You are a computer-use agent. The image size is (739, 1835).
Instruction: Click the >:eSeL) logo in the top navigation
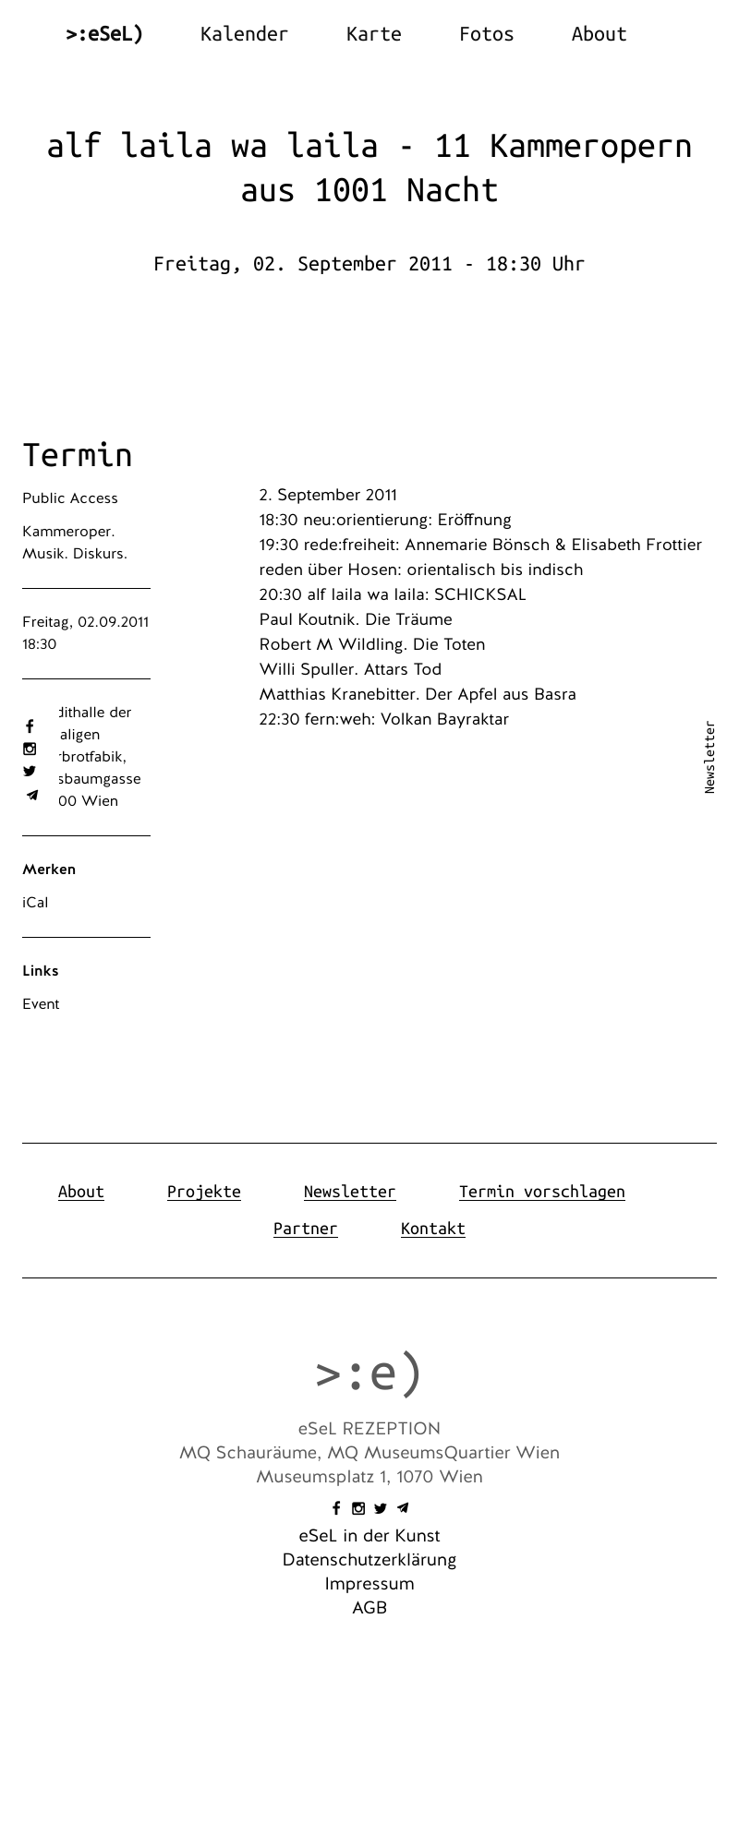(x=104, y=34)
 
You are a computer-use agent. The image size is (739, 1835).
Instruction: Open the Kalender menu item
(x=244, y=34)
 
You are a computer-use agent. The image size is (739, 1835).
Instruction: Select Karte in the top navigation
(x=373, y=34)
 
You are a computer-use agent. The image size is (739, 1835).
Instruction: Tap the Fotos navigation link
(x=486, y=34)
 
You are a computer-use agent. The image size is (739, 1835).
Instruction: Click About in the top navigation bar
(x=599, y=34)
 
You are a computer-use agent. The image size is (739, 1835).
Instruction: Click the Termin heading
(x=78, y=455)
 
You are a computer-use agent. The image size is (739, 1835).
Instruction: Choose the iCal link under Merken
(x=35, y=903)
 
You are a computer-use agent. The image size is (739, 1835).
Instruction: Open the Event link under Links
(x=41, y=1004)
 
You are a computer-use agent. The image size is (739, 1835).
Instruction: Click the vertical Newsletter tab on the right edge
(x=709, y=757)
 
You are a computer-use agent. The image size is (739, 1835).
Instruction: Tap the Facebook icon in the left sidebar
(x=30, y=726)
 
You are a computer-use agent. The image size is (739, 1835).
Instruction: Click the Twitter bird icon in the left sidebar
(x=30, y=771)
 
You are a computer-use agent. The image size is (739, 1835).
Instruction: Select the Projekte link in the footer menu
(x=203, y=1192)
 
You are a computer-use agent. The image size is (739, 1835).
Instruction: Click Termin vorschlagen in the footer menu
(x=541, y=1192)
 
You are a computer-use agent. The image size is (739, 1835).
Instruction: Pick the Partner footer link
(x=305, y=1229)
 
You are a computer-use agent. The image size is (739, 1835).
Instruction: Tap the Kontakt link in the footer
(x=432, y=1229)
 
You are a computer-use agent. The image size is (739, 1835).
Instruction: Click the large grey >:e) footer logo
(x=369, y=1373)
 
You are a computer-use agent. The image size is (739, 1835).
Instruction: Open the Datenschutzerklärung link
(x=369, y=1560)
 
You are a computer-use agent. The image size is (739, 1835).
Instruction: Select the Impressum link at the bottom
(x=369, y=1584)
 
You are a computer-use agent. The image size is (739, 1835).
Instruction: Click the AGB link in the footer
(x=369, y=1608)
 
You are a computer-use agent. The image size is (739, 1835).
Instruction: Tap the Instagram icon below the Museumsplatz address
(x=358, y=1508)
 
